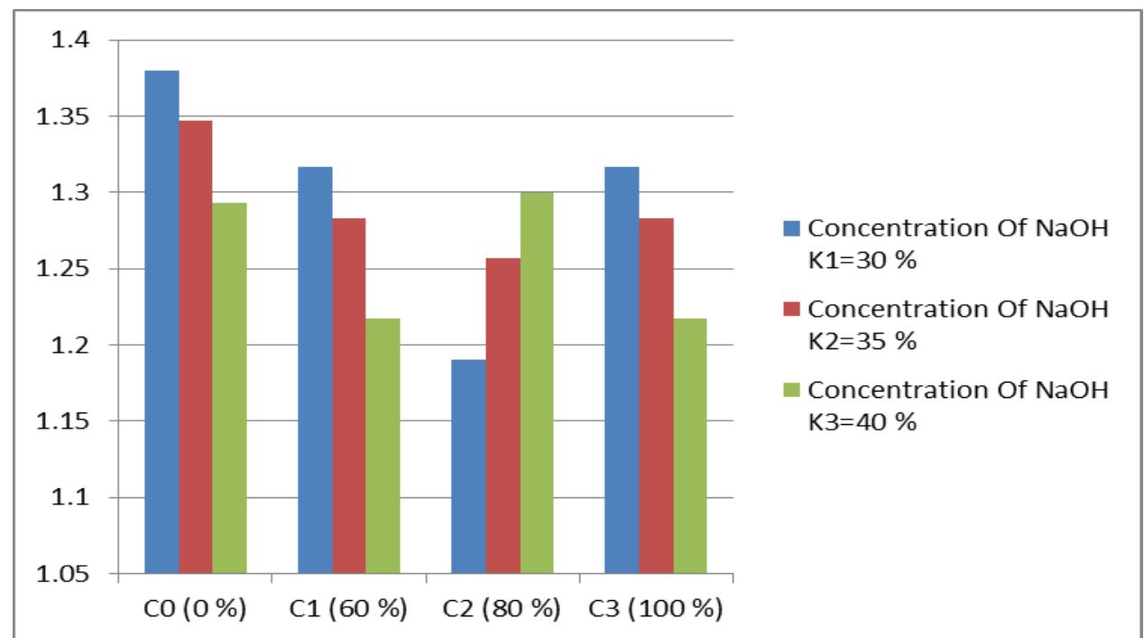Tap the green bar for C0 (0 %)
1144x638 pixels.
click(229, 388)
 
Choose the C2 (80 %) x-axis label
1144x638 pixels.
click(503, 609)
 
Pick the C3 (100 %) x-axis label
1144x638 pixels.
click(656, 609)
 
